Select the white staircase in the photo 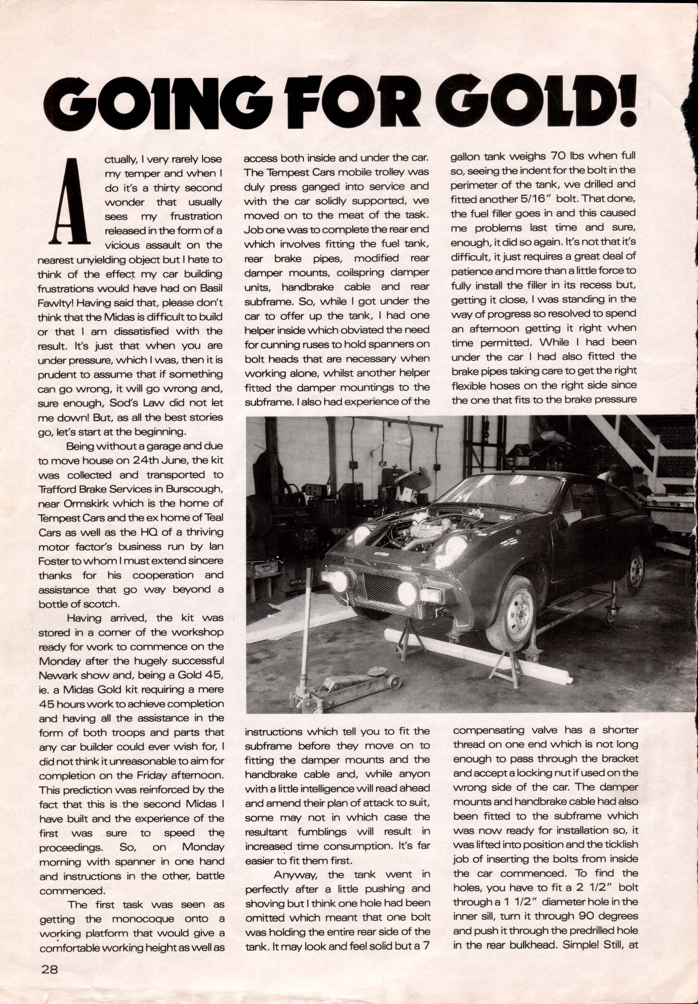[634, 450]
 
